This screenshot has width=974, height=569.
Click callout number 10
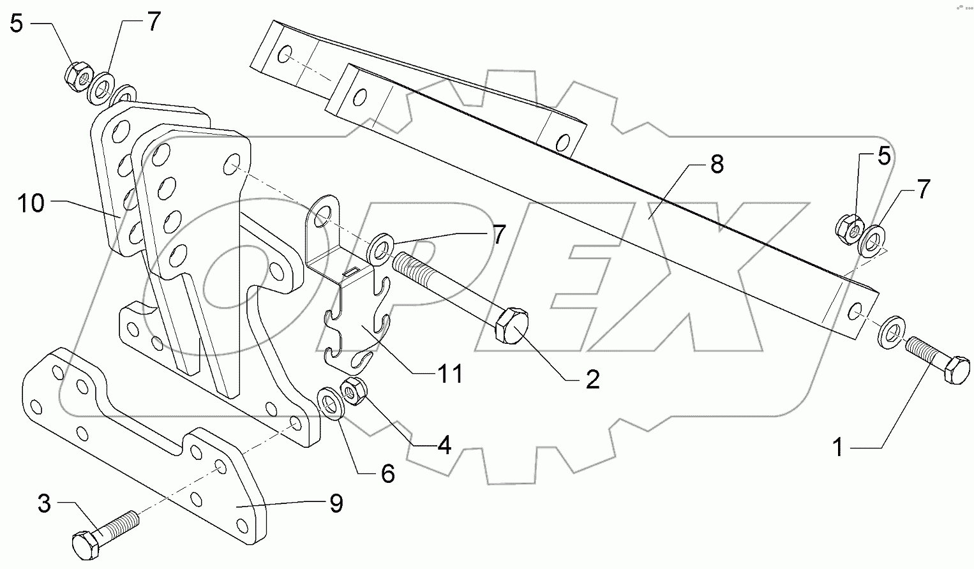(31, 204)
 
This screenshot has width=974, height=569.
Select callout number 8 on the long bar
(717, 165)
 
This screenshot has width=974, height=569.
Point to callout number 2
(592, 380)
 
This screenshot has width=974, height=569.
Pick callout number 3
(44, 504)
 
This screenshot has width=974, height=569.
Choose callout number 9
(336, 504)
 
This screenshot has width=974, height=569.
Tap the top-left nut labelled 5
(75, 75)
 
